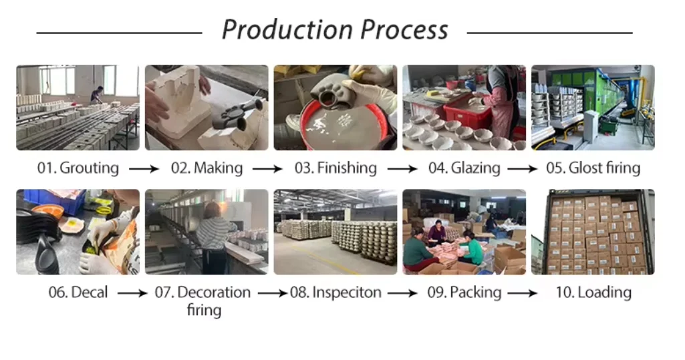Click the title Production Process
[x=335, y=30]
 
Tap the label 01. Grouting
[x=78, y=168]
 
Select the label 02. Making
[x=207, y=168]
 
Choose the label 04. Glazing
[x=464, y=168]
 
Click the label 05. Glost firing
[x=593, y=168]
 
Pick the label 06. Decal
[x=78, y=293]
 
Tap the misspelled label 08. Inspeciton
[x=335, y=293]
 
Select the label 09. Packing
[x=464, y=293]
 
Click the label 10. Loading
[x=593, y=293]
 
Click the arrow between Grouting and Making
[x=144, y=169]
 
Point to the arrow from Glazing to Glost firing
[x=522, y=169]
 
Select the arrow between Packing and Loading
[x=522, y=293]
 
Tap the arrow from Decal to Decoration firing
[x=133, y=293]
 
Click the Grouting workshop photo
[x=78, y=108]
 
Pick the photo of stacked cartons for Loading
[x=593, y=232]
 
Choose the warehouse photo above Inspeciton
[x=335, y=232]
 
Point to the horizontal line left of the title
[x=119, y=33]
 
